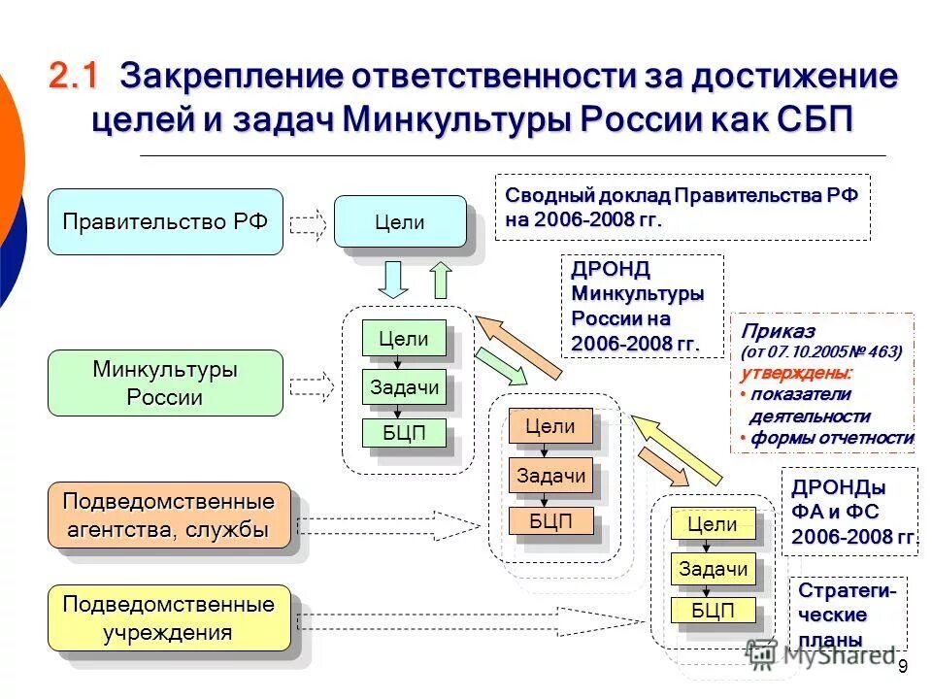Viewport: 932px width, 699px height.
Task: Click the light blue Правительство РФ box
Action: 165,222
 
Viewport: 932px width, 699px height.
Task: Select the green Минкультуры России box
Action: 165,383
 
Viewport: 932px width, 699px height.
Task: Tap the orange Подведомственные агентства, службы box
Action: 169,516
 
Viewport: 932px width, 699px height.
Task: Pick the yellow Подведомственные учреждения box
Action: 169,618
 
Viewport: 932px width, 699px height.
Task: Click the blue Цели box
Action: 400,221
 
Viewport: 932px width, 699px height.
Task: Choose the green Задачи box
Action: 404,387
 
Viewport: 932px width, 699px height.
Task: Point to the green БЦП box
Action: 404,433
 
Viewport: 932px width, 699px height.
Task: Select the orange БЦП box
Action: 549,520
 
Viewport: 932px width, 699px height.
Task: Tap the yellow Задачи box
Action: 713,569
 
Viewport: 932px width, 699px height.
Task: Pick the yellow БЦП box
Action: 713,611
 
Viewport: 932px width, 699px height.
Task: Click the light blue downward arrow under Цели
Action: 391,280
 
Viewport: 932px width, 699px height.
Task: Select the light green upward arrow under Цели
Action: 441,280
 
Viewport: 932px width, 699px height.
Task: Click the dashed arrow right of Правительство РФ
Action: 309,223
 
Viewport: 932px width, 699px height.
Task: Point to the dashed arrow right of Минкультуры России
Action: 311,386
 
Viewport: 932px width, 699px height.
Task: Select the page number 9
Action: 902,666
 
